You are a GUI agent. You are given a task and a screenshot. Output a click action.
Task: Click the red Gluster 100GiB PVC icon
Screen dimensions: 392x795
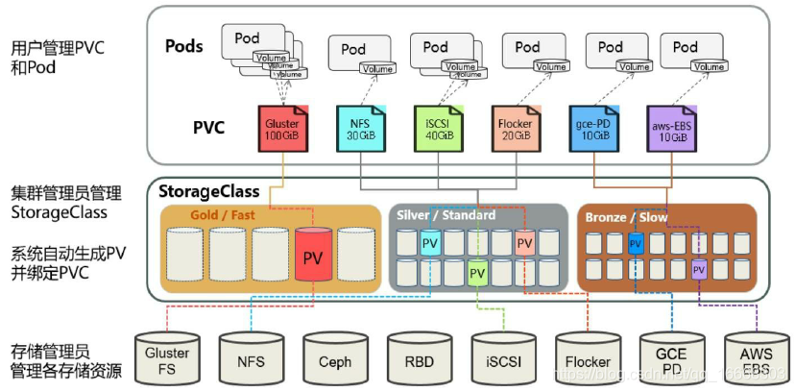coord(282,130)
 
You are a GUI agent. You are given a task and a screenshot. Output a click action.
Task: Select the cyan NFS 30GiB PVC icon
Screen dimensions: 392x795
coord(359,130)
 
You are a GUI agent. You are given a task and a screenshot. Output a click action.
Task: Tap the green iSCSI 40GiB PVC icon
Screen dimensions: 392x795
coord(436,130)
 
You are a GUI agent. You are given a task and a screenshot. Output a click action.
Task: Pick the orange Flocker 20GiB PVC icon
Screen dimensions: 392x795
coord(515,130)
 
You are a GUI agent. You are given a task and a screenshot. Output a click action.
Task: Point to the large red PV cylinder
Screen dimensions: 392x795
coord(313,256)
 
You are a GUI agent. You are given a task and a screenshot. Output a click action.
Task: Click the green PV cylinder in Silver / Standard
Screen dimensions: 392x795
coord(477,274)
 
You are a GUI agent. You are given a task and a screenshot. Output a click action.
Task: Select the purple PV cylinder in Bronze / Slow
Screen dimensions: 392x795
coord(699,269)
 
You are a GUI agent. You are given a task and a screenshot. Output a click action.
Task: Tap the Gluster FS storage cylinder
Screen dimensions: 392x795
coord(167,358)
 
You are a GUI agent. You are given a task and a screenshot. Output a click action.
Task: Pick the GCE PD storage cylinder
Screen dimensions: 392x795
coord(671,358)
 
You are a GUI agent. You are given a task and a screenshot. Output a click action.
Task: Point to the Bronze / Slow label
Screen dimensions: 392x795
coord(626,217)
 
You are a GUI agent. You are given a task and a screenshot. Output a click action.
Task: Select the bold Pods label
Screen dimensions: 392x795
coord(184,46)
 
